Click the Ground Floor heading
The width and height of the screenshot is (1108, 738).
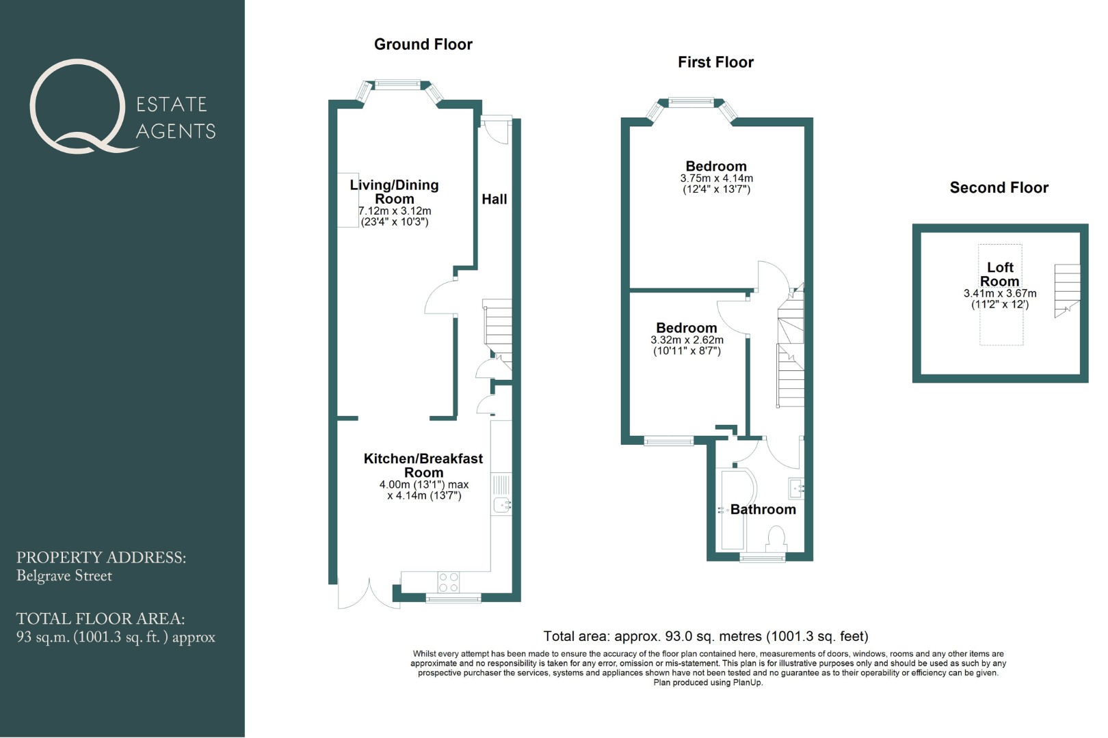[423, 44]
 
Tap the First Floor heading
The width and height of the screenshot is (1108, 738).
[715, 62]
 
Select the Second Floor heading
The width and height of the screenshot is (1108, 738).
[999, 188]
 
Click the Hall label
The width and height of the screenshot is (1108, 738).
[494, 200]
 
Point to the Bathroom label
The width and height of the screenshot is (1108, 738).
[763, 510]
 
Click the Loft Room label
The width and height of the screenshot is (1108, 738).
[1000, 274]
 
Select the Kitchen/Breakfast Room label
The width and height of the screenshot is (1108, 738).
[423, 465]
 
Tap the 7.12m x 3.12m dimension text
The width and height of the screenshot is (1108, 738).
[395, 211]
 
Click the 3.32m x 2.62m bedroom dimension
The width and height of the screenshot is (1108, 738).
[687, 340]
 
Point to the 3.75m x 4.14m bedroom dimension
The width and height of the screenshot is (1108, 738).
[716, 178]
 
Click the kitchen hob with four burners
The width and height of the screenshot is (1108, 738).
[448, 582]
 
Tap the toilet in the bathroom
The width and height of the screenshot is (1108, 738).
[776, 540]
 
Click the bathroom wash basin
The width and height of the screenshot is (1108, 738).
[796, 489]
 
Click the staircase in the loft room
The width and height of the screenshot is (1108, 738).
[1066, 290]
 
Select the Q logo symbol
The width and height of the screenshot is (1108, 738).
[79, 107]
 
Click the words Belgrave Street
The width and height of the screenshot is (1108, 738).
[64, 576]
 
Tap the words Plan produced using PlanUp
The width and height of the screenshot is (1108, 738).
[708, 683]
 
